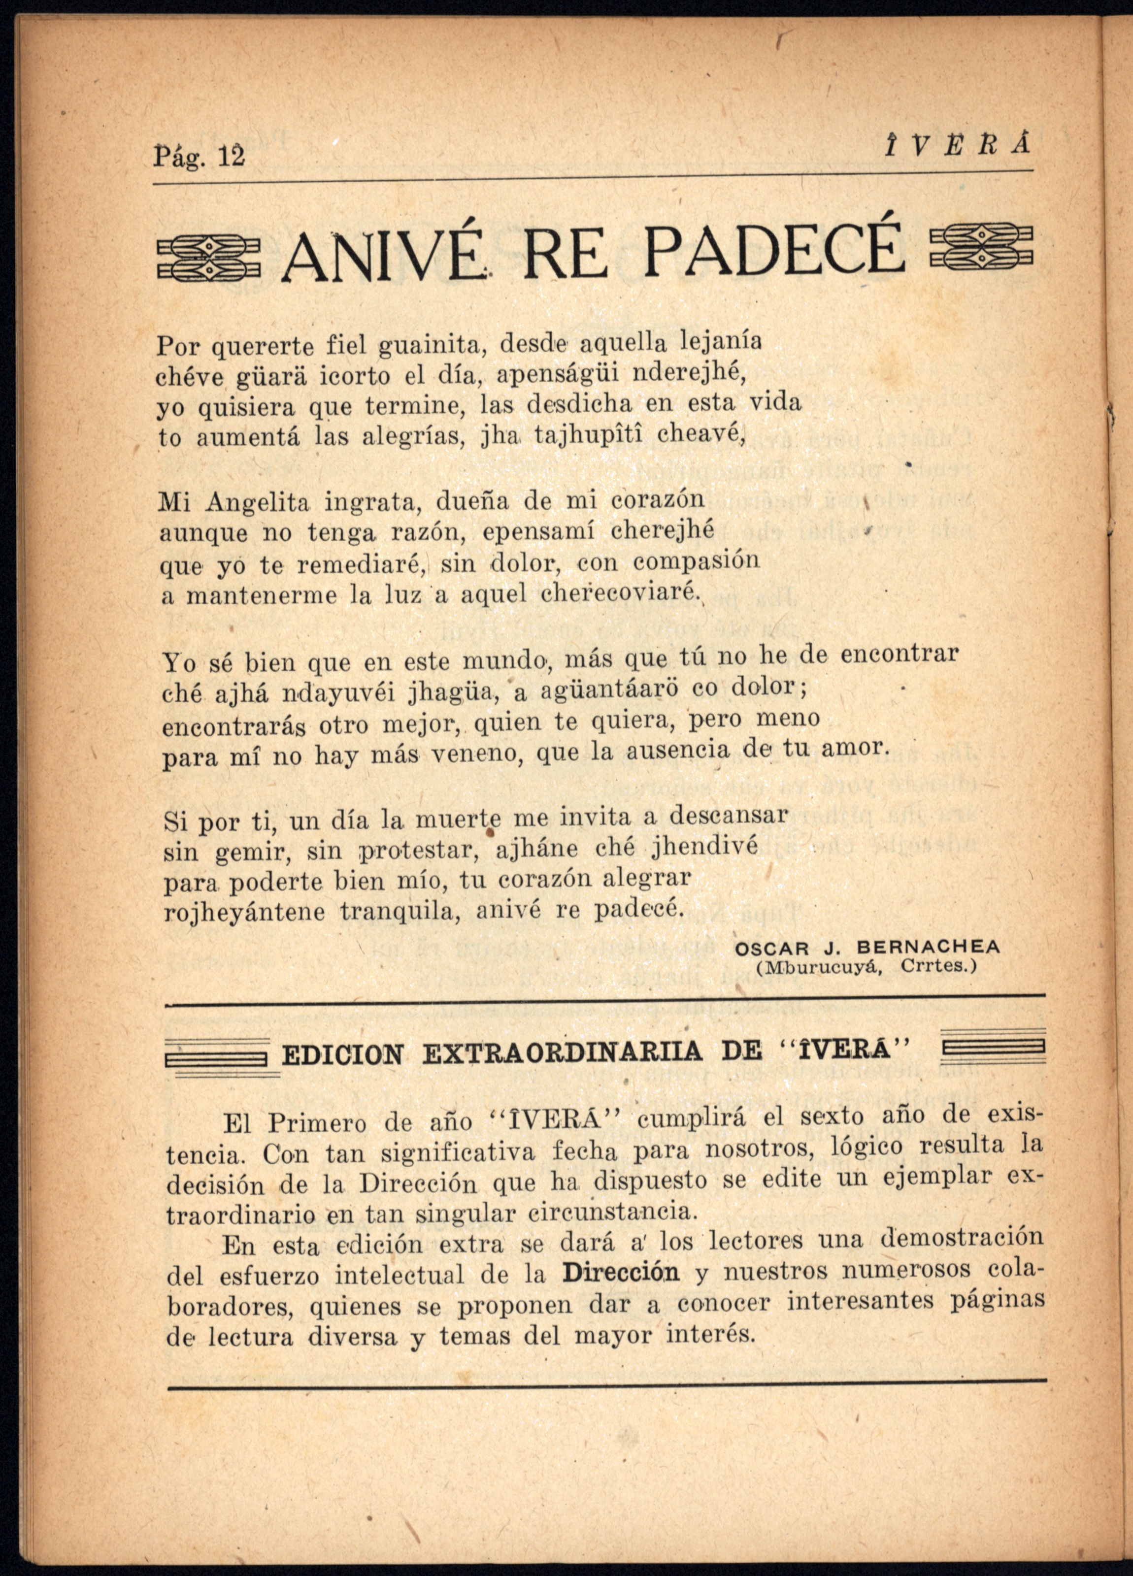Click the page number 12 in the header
(232, 157)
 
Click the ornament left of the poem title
(207, 257)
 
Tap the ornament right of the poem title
(981, 247)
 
